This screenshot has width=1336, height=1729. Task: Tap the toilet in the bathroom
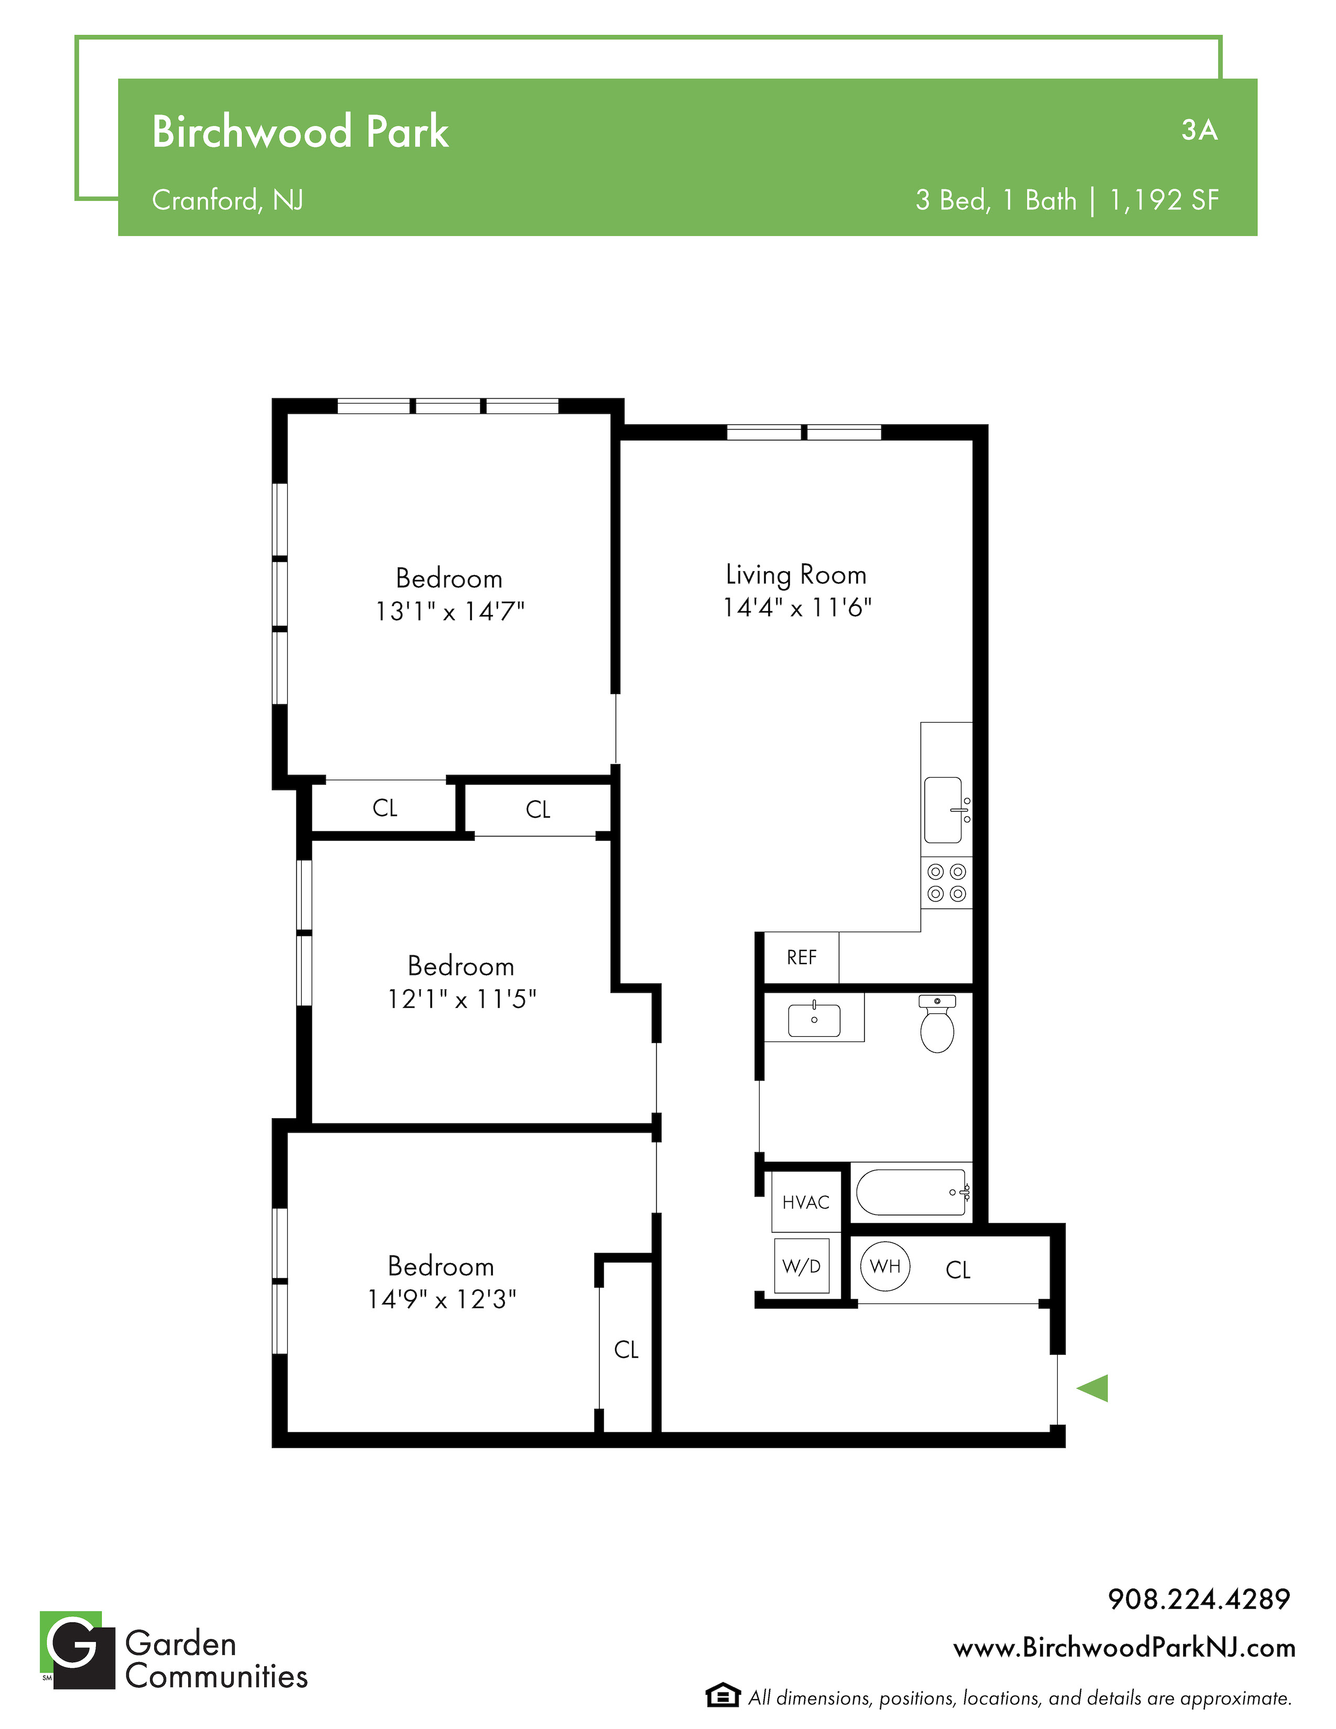click(937, 1024)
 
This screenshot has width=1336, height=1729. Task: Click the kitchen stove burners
click(947, 883)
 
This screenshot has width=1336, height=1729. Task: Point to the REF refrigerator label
click(802, 958)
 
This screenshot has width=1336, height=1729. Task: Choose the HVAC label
click(806, 1202)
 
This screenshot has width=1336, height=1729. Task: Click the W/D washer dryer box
click(802, 1266)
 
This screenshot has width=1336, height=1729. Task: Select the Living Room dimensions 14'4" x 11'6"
click(797, 607)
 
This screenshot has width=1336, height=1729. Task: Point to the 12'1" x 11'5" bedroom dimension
click(462, 999)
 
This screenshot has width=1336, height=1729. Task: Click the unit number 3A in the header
click(1199, 130)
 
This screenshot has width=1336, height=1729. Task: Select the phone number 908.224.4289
click(1199, 1599)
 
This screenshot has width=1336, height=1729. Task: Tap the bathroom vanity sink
click(814, 1020)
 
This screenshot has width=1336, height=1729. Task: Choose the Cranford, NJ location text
click(228, 200)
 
